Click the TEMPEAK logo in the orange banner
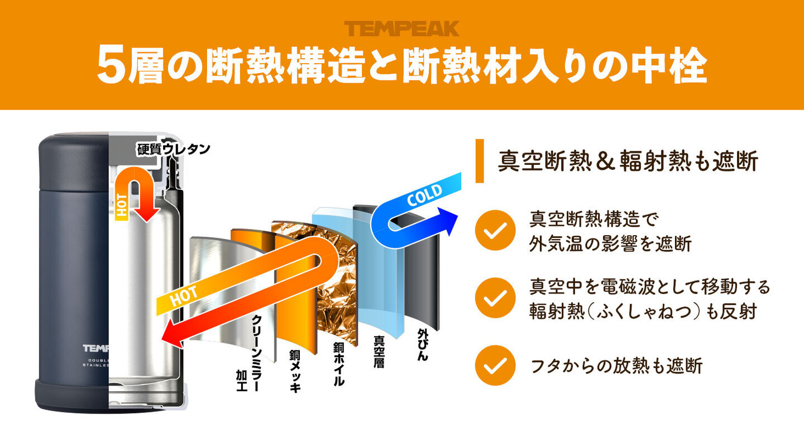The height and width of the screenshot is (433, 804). [401, 28]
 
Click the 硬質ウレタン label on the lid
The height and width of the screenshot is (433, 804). [173, 149]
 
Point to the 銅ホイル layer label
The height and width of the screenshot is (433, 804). [338, 364]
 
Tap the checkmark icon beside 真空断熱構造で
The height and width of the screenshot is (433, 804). [495, 230]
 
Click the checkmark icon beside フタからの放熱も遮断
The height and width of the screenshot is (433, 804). [495, 365]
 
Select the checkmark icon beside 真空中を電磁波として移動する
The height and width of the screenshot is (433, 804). [495, 298]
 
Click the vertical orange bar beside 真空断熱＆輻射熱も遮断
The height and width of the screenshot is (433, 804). [480, 161]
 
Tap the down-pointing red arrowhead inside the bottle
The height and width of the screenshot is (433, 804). [147, 215]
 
